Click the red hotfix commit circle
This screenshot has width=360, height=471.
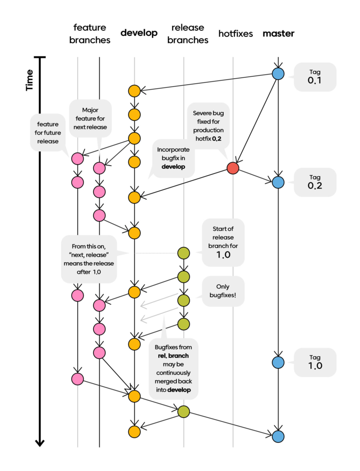click(233, 168)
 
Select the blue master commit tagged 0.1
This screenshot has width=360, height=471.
click(278, 74)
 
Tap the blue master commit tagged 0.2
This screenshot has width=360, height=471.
click(278, 182)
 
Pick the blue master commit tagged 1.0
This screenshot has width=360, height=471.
click(278, 362)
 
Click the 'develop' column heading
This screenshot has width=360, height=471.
click(139, 33)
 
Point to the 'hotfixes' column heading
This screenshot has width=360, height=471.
click(236, 34)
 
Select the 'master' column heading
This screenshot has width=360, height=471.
click(279, 34)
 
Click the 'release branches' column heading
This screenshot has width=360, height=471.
click(188, 34)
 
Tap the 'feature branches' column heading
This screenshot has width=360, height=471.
click(90, 34)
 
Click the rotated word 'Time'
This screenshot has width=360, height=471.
click(29, 80)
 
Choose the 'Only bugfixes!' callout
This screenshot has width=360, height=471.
click(223, 291)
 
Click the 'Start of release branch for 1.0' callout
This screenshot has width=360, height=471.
click(223, 242)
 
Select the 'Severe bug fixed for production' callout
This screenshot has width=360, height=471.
click(208, 126)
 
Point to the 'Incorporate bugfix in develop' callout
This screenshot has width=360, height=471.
click(173, 158)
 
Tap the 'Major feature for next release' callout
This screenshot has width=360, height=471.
click(90, 118)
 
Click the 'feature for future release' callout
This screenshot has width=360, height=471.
click(48, 132)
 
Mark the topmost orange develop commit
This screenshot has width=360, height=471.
click(134, 91)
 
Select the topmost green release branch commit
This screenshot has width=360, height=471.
click(184, 253)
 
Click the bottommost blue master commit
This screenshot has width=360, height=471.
click(278, 436)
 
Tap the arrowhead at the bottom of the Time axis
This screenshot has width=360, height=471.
click(40, 444)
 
